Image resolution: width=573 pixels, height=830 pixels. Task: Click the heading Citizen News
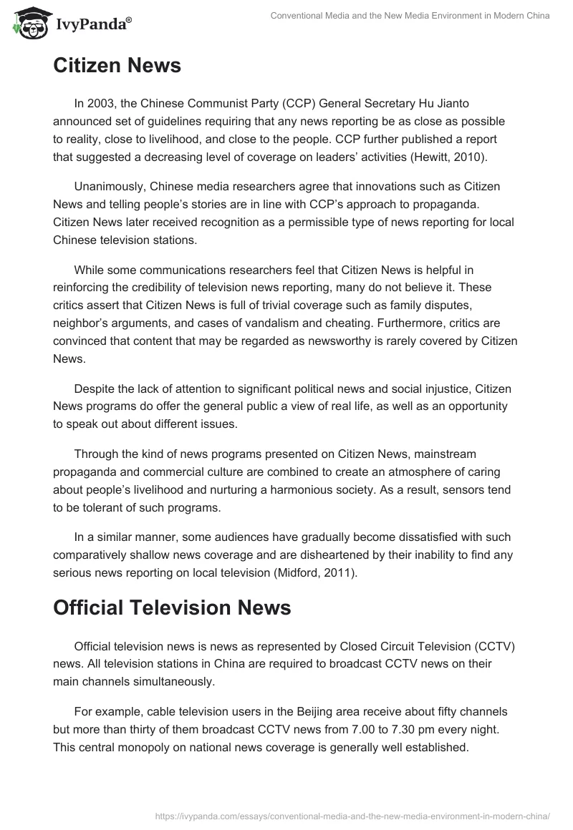coord(117,66)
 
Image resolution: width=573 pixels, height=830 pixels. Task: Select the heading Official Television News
coord(172,607)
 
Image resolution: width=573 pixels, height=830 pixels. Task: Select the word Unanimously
coord(110,186)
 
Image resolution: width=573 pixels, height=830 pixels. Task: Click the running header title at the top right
coord(410,16)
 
